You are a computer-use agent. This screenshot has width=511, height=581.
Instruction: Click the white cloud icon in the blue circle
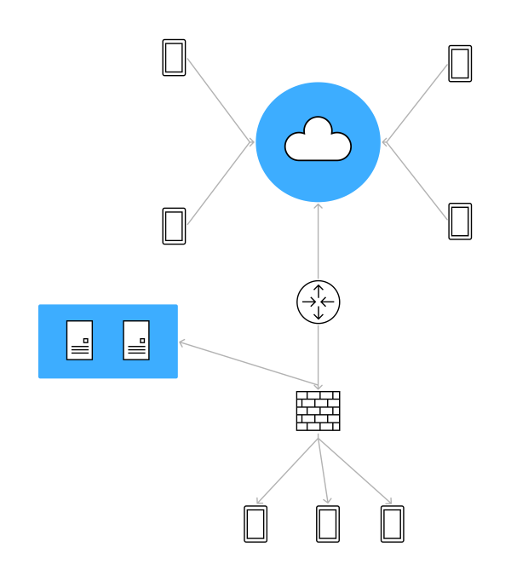coord(318,141)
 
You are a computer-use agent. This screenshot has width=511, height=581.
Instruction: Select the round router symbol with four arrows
coord(318,302)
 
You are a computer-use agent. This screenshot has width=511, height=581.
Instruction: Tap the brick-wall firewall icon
coord(318,411)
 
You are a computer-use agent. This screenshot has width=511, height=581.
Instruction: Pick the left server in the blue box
coord(79,340)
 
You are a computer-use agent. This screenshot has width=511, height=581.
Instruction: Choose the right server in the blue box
coord(136,340)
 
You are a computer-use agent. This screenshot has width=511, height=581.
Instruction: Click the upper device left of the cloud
coord(174,58)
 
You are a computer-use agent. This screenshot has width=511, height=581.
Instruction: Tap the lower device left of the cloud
coord(174,226)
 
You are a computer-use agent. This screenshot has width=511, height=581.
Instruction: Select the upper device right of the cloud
coord(460,64)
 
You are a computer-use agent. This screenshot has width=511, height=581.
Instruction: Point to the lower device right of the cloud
coord(460,221)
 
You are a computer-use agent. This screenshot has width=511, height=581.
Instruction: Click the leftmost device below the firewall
coord(255,524)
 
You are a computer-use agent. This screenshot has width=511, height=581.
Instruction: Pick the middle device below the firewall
coord(328,524)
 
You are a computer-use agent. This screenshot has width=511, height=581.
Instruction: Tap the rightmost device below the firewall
coord(392,524)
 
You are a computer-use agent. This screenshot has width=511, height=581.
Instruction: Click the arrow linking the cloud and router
coord(318,243)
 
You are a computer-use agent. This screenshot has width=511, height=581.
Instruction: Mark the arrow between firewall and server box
coord(247,363)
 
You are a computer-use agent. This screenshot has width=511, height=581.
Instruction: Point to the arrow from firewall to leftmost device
coord(287,471)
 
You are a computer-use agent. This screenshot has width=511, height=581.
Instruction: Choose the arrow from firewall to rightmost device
coord(355,471)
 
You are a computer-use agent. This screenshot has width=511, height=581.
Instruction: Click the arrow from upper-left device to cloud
coord(220,99)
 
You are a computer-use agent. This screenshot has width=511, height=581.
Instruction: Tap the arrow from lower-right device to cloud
coord(415,181)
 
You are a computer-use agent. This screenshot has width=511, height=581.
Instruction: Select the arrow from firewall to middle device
coord(323,471)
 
